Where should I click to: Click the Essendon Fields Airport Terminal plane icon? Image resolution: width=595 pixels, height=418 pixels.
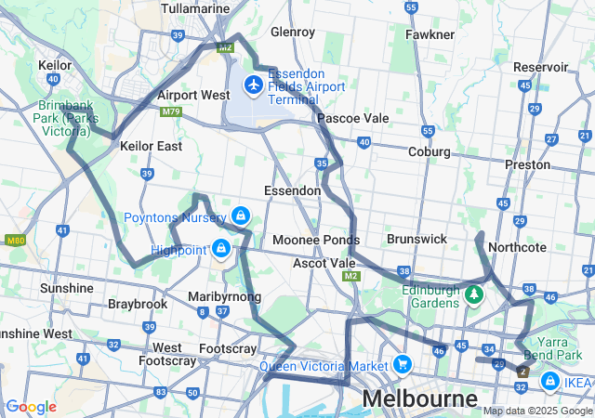click(253, 85)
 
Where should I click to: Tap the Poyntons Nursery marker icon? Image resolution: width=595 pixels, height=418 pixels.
click(241, 216)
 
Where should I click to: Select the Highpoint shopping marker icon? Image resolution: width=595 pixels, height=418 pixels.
click(221, 248)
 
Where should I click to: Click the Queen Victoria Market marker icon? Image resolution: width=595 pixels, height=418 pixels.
click(402, 363)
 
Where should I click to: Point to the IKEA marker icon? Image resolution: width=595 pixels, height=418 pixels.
click(549, 381)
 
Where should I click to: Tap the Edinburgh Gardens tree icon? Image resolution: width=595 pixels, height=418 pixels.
click(475, 294)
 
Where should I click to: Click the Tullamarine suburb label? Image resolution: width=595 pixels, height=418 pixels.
click(195, 8)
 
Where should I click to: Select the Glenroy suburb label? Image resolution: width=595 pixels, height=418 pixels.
click(293, 32)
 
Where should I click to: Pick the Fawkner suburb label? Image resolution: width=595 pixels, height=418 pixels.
click(430, 34)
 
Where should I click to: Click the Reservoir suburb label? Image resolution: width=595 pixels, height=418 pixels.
click(540, 67)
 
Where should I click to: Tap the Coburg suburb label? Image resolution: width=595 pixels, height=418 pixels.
click(430, 151)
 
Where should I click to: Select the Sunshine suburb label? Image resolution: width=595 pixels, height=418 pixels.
click(67, 288)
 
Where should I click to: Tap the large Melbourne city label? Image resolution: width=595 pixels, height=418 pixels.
click(419, 399)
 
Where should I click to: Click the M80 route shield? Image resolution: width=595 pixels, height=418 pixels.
click(14, 241)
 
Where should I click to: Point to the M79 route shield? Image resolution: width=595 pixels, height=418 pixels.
click(170, 112)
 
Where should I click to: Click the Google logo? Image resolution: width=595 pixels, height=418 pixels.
click(31, 407)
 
